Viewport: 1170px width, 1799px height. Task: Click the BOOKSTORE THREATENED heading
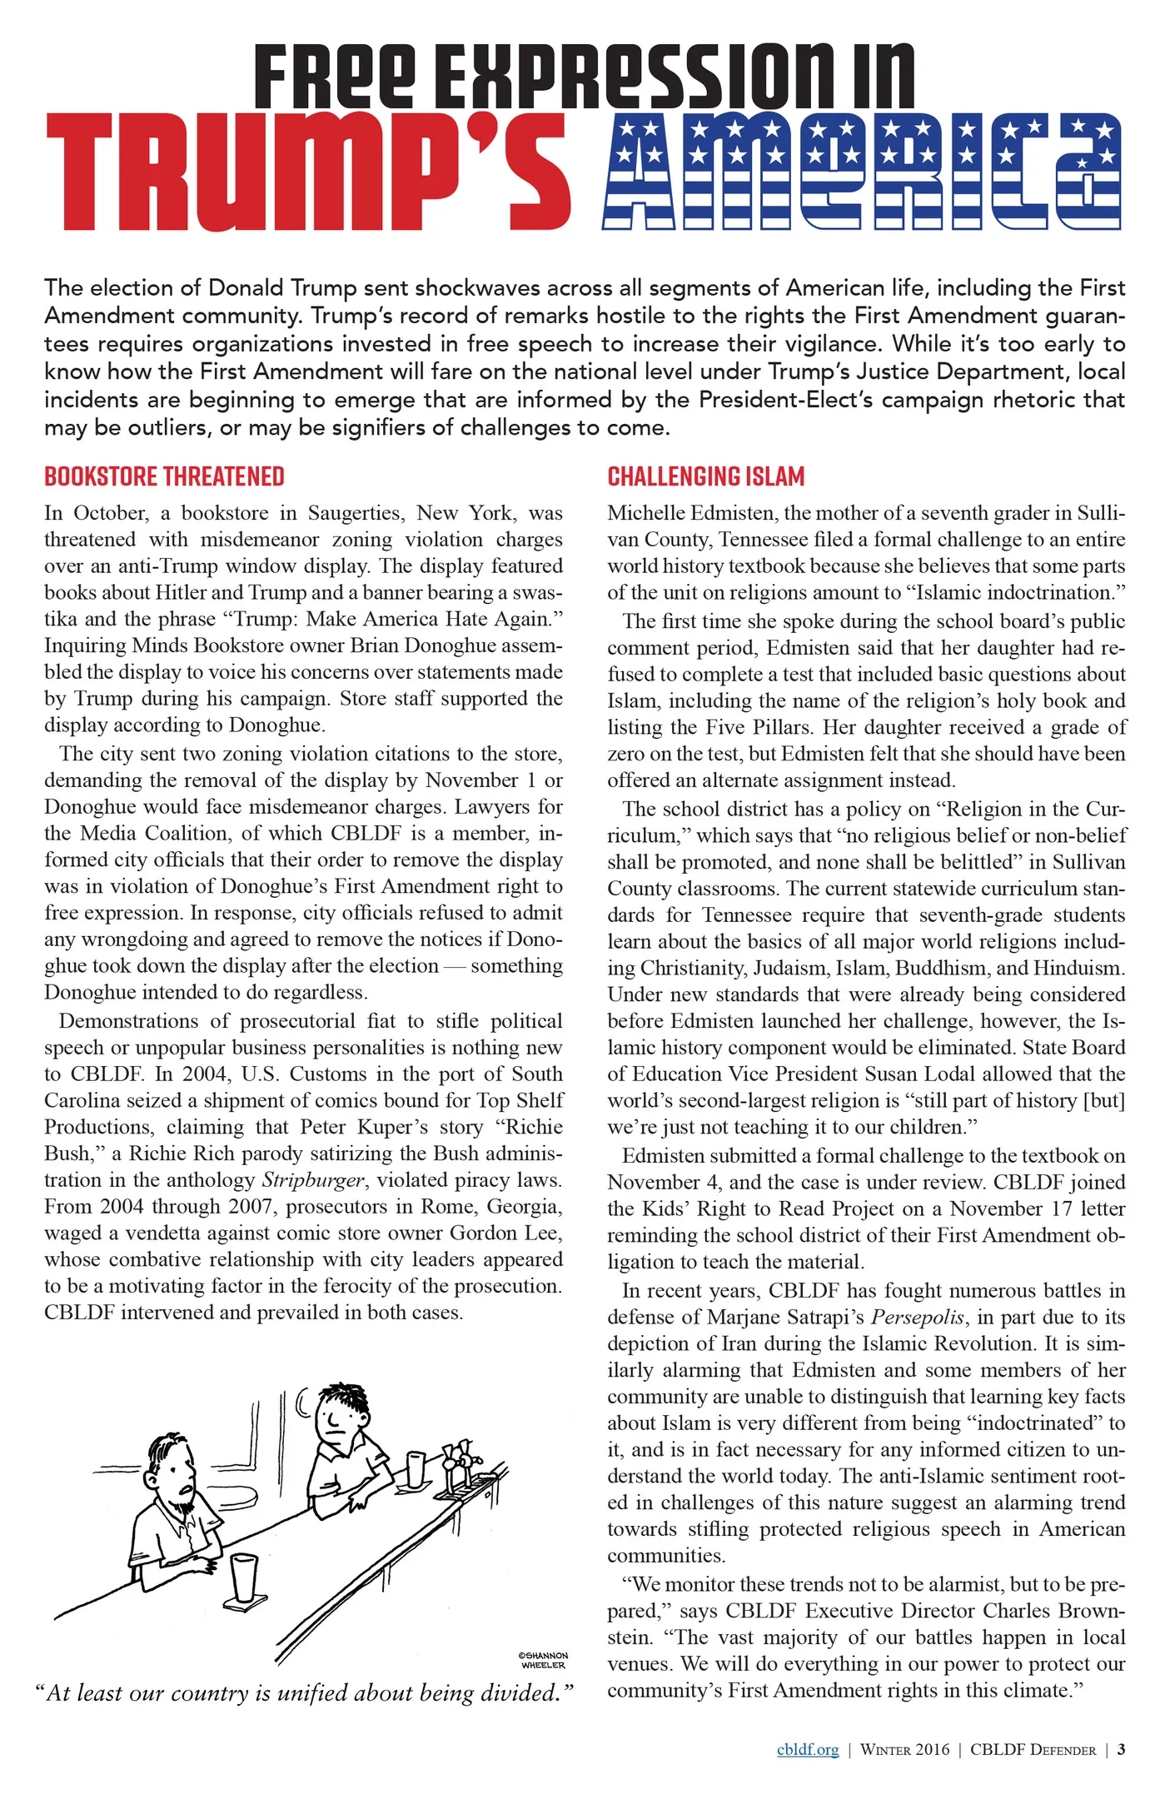[164, 476]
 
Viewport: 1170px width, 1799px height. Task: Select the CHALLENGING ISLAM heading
[705, 476]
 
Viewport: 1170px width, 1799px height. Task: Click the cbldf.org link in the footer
[807, 1749]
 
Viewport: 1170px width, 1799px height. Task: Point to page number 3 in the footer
[1121, 1749]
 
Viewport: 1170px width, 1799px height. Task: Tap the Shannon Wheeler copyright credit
[543, 1660]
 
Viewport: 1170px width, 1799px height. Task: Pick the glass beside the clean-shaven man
[416, 1468]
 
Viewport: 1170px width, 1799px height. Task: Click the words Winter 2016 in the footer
[904, 1749]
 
